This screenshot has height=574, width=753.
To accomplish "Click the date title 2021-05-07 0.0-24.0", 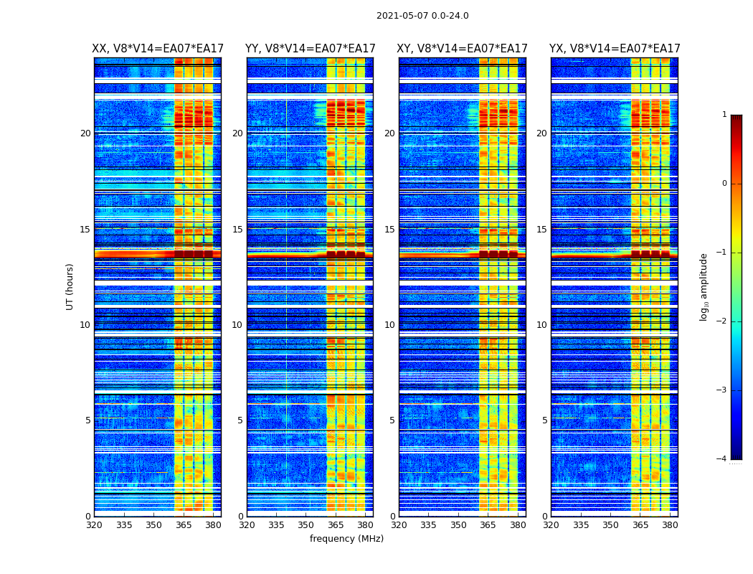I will (x=422, y=16).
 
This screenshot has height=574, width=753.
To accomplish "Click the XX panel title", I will (x=158, y=49).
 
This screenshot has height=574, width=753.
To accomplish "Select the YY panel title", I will (x=310, y=49).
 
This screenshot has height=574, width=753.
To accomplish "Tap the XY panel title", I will (x=462, y=49).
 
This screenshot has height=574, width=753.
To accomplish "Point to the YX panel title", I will (x=615, y=49).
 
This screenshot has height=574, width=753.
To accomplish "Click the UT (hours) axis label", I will (x=70, y=286).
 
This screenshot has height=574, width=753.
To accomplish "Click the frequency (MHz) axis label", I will (x=346, y=539).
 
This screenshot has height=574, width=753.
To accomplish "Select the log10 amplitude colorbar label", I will (x=704, y=286).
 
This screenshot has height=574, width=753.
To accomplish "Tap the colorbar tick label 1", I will (x=724, y=115).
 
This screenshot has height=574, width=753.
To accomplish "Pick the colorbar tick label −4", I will (x=722, y=459).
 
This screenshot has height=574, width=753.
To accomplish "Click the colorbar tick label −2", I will (x=722, y=321).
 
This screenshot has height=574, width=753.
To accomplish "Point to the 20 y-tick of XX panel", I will (x=85, y=133).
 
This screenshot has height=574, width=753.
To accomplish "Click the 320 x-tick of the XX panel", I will (x=94, y=525).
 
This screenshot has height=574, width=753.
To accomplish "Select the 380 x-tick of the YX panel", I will (x=670, y=525).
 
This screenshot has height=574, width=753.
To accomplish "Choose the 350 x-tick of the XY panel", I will (x=458, y=525).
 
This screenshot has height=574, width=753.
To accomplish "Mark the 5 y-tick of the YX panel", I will (x=545, y=420).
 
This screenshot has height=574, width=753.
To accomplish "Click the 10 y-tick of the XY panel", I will (x=389, y=325).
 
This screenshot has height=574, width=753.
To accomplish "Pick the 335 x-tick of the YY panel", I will (x=276, y=525).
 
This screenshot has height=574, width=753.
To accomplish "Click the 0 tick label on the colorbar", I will (x=724, y=184).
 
